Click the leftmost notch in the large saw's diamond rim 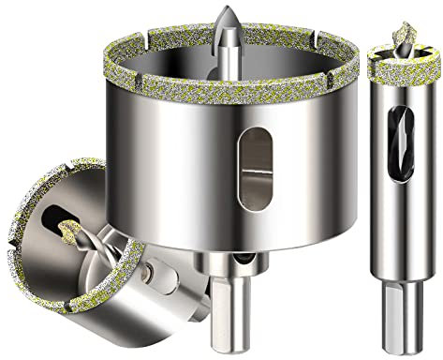pyautogui.click(x=111, y=75)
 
